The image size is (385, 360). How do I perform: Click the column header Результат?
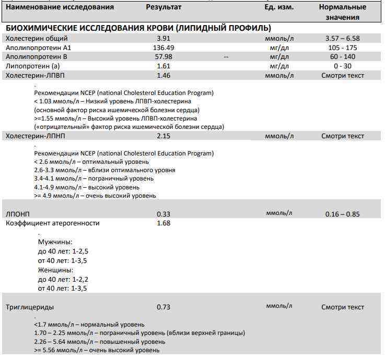164,7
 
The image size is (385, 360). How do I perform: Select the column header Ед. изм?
279,7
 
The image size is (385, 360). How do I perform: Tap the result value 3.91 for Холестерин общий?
164,39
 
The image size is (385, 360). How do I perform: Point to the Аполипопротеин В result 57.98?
164,57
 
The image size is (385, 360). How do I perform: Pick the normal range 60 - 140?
342,57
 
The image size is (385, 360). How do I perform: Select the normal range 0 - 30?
342,66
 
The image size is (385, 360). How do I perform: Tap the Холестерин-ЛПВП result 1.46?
164,76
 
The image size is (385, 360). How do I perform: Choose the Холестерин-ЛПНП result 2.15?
164,136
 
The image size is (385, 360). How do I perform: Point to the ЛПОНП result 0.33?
164,214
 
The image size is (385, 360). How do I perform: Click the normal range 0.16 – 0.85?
342,214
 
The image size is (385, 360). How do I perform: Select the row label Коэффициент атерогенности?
52,223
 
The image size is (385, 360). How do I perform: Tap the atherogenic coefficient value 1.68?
164,223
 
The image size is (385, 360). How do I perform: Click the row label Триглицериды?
29,307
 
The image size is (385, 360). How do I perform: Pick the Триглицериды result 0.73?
164,307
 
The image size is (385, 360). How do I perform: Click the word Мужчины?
55,242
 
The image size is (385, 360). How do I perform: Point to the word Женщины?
55,270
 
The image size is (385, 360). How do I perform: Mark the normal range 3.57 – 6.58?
342,39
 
